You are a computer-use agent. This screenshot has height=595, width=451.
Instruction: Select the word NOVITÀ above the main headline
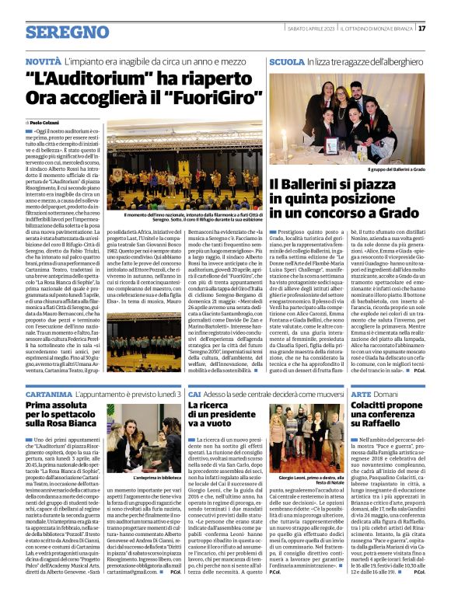pyautogui.click(x=44, y=61)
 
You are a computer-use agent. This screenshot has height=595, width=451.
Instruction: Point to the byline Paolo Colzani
pyautogui.click(x=48, y=124)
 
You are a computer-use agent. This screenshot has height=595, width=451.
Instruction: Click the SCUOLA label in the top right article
pyautogui.click(x=286, y=61)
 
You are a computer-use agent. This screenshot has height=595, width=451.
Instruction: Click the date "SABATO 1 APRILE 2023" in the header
pyautogui.click(x=316, y=29)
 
